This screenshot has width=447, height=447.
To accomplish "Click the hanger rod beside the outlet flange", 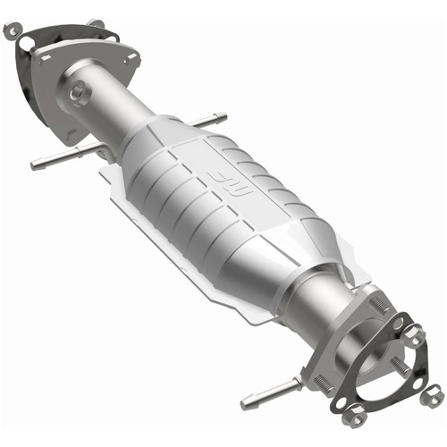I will [268, 390].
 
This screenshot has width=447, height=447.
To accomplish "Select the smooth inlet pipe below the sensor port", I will [112, 112].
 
